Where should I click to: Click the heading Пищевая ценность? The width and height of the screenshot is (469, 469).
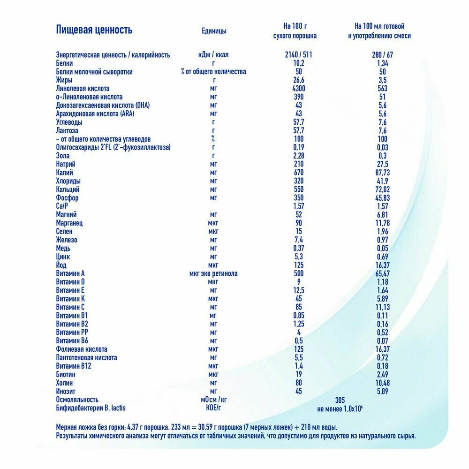point(94,30)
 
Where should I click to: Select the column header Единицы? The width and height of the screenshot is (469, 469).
point(213,31)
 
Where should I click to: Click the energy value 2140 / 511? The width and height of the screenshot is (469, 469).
point(298,54)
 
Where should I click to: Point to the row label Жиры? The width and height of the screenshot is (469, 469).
point(64,80)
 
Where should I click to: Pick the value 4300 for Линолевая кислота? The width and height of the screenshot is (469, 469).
point(298,89)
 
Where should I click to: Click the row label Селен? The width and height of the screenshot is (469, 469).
point(64,231)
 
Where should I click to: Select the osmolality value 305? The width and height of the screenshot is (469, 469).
point(340,400)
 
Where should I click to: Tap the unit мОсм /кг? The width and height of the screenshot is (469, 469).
point(213,400)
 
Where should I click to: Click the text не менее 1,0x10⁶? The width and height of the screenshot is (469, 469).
point(340,408)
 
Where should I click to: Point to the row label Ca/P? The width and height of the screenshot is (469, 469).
point(63,206)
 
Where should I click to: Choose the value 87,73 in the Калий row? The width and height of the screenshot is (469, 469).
point(383,173)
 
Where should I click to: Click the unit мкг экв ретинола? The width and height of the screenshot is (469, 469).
point(213,273)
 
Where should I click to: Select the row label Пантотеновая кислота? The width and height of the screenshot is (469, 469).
point(86,357)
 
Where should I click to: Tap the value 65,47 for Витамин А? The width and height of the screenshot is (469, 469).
point(383,273)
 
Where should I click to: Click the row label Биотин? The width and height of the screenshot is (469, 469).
point(66,374)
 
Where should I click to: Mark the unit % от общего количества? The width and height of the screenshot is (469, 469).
point(213,72)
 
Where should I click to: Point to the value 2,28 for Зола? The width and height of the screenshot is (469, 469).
point(298,156)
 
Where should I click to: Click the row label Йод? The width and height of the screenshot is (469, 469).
point(61,265)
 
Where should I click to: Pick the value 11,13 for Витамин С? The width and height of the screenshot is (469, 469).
point(383,307)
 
